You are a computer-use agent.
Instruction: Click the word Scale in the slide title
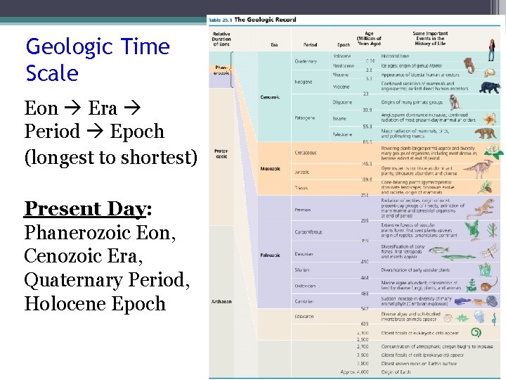click(52, 73)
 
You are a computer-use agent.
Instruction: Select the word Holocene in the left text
click(63, 304)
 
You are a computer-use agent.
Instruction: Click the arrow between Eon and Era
click(74, 109)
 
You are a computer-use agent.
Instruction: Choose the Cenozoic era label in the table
click(270, 96)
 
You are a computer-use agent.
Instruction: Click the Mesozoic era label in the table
click(270, 168)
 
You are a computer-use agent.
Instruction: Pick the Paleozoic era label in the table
click(270, 255)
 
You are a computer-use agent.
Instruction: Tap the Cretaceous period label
click(306, 152)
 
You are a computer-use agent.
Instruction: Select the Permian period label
click(303, 209)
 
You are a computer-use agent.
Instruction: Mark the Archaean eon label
click(221, 301)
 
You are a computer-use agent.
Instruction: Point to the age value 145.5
click(366, 163)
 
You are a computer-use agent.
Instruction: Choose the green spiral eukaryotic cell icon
click(476, 332)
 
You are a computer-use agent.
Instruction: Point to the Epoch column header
click(343, 45)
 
